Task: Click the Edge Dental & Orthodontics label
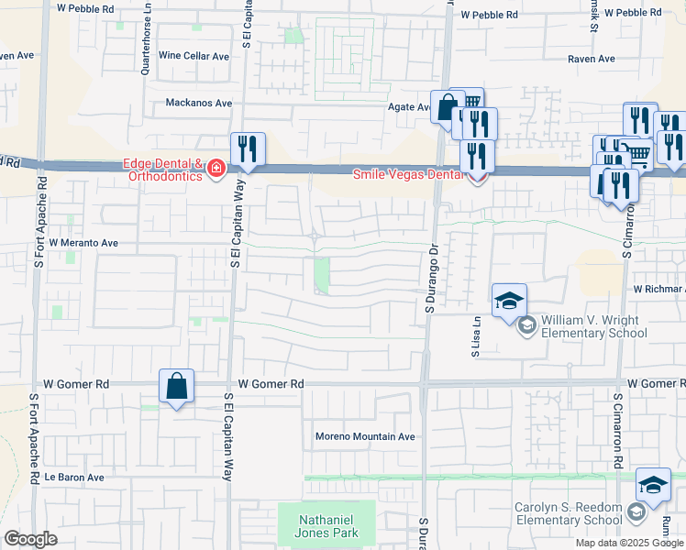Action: (162, 170)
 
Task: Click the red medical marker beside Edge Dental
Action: (216, 169)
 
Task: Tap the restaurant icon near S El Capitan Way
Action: (249, 150)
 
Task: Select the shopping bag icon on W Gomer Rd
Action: (176, 387)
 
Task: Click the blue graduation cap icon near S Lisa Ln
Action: (509, 301)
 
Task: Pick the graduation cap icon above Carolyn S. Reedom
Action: (653, 487)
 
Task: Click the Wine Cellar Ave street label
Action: (194, 56)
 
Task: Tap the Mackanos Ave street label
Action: (198, 104)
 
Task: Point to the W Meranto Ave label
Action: (84, 243)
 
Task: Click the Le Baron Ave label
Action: (74, 478)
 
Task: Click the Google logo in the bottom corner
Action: (30, 538)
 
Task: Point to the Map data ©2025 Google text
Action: (629, 543)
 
